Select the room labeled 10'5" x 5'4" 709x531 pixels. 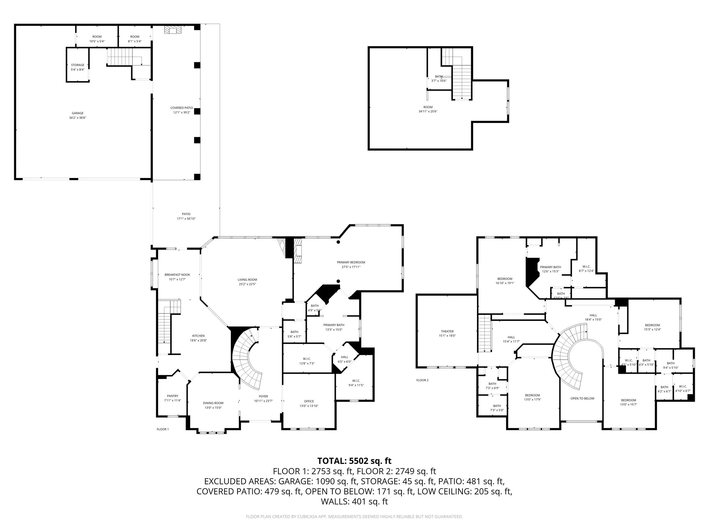(x=97, y=39)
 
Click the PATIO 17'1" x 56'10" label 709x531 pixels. (x=186, y=216)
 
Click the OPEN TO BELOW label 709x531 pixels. (x=582, y=398)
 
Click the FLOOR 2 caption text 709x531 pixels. (x=422, y=380)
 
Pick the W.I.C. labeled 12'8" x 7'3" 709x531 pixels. (x=307, y=361)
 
